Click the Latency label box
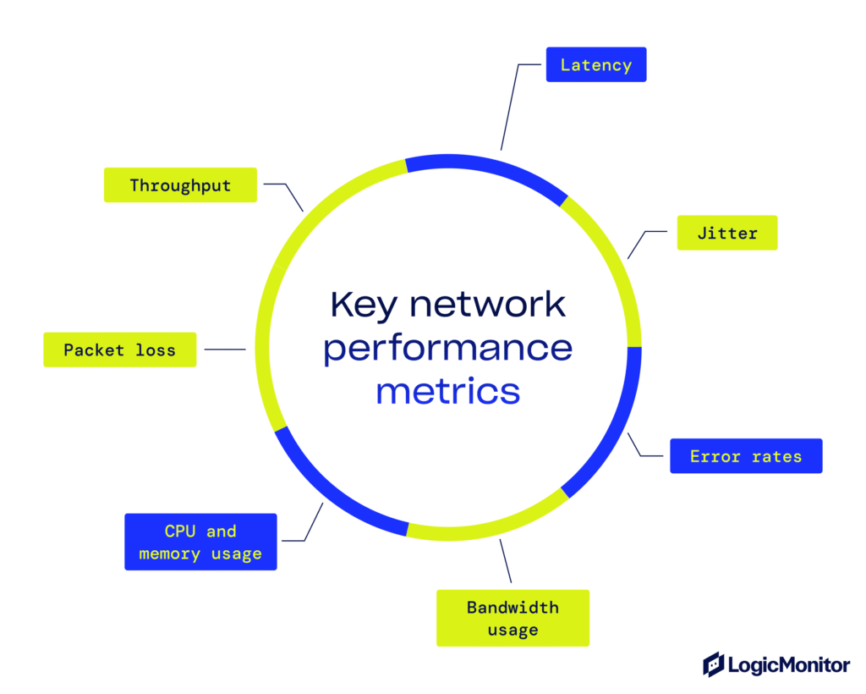(x=596, y=64)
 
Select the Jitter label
(x=726, y=233)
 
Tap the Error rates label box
(x=745, y=456)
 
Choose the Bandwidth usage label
(x=512, y=619)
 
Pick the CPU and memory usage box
(x=200, y=542)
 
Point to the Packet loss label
(x=119, y=350)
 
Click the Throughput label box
(x=180, y=185)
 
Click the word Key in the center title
(x=363, y=304)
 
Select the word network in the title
(x=488, y=304)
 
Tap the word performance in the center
(x=448, y=348)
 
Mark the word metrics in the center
(x=448, y=392)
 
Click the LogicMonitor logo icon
(x=714, y=664)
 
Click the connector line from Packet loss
(x=224, y=350)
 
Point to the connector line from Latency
(x=510, y=106)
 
